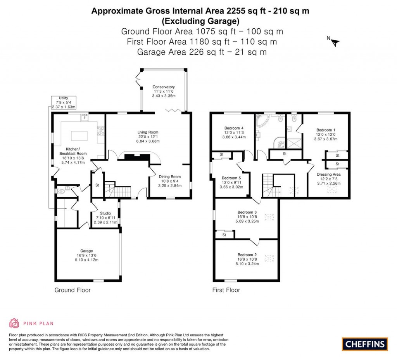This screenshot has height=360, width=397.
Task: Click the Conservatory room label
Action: coord(163,87)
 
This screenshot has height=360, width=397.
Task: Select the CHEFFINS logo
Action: coord(364,344)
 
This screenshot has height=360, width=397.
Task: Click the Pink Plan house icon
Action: coord(14,323)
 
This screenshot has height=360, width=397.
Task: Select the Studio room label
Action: coord(105,213)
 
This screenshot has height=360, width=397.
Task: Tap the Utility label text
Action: coord(63,98)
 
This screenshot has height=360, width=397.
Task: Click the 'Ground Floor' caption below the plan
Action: coord(72,290)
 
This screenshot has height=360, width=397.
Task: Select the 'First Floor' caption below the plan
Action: coord(226,290)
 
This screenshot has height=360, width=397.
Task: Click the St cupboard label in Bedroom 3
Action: coord(224,235)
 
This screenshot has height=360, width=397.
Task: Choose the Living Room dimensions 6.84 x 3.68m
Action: coord(148,141)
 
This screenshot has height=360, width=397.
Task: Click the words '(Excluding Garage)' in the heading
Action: coord(200,21)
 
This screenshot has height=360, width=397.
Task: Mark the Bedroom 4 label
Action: coord(234,128)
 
